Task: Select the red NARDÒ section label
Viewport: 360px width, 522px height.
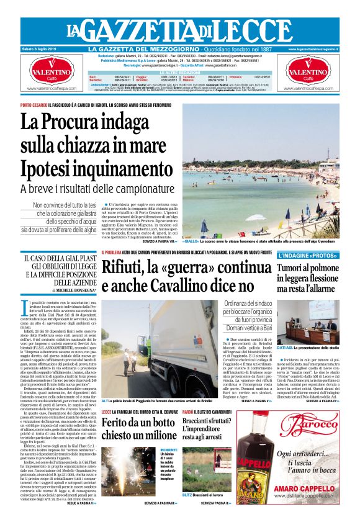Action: [x=187, y=412]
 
